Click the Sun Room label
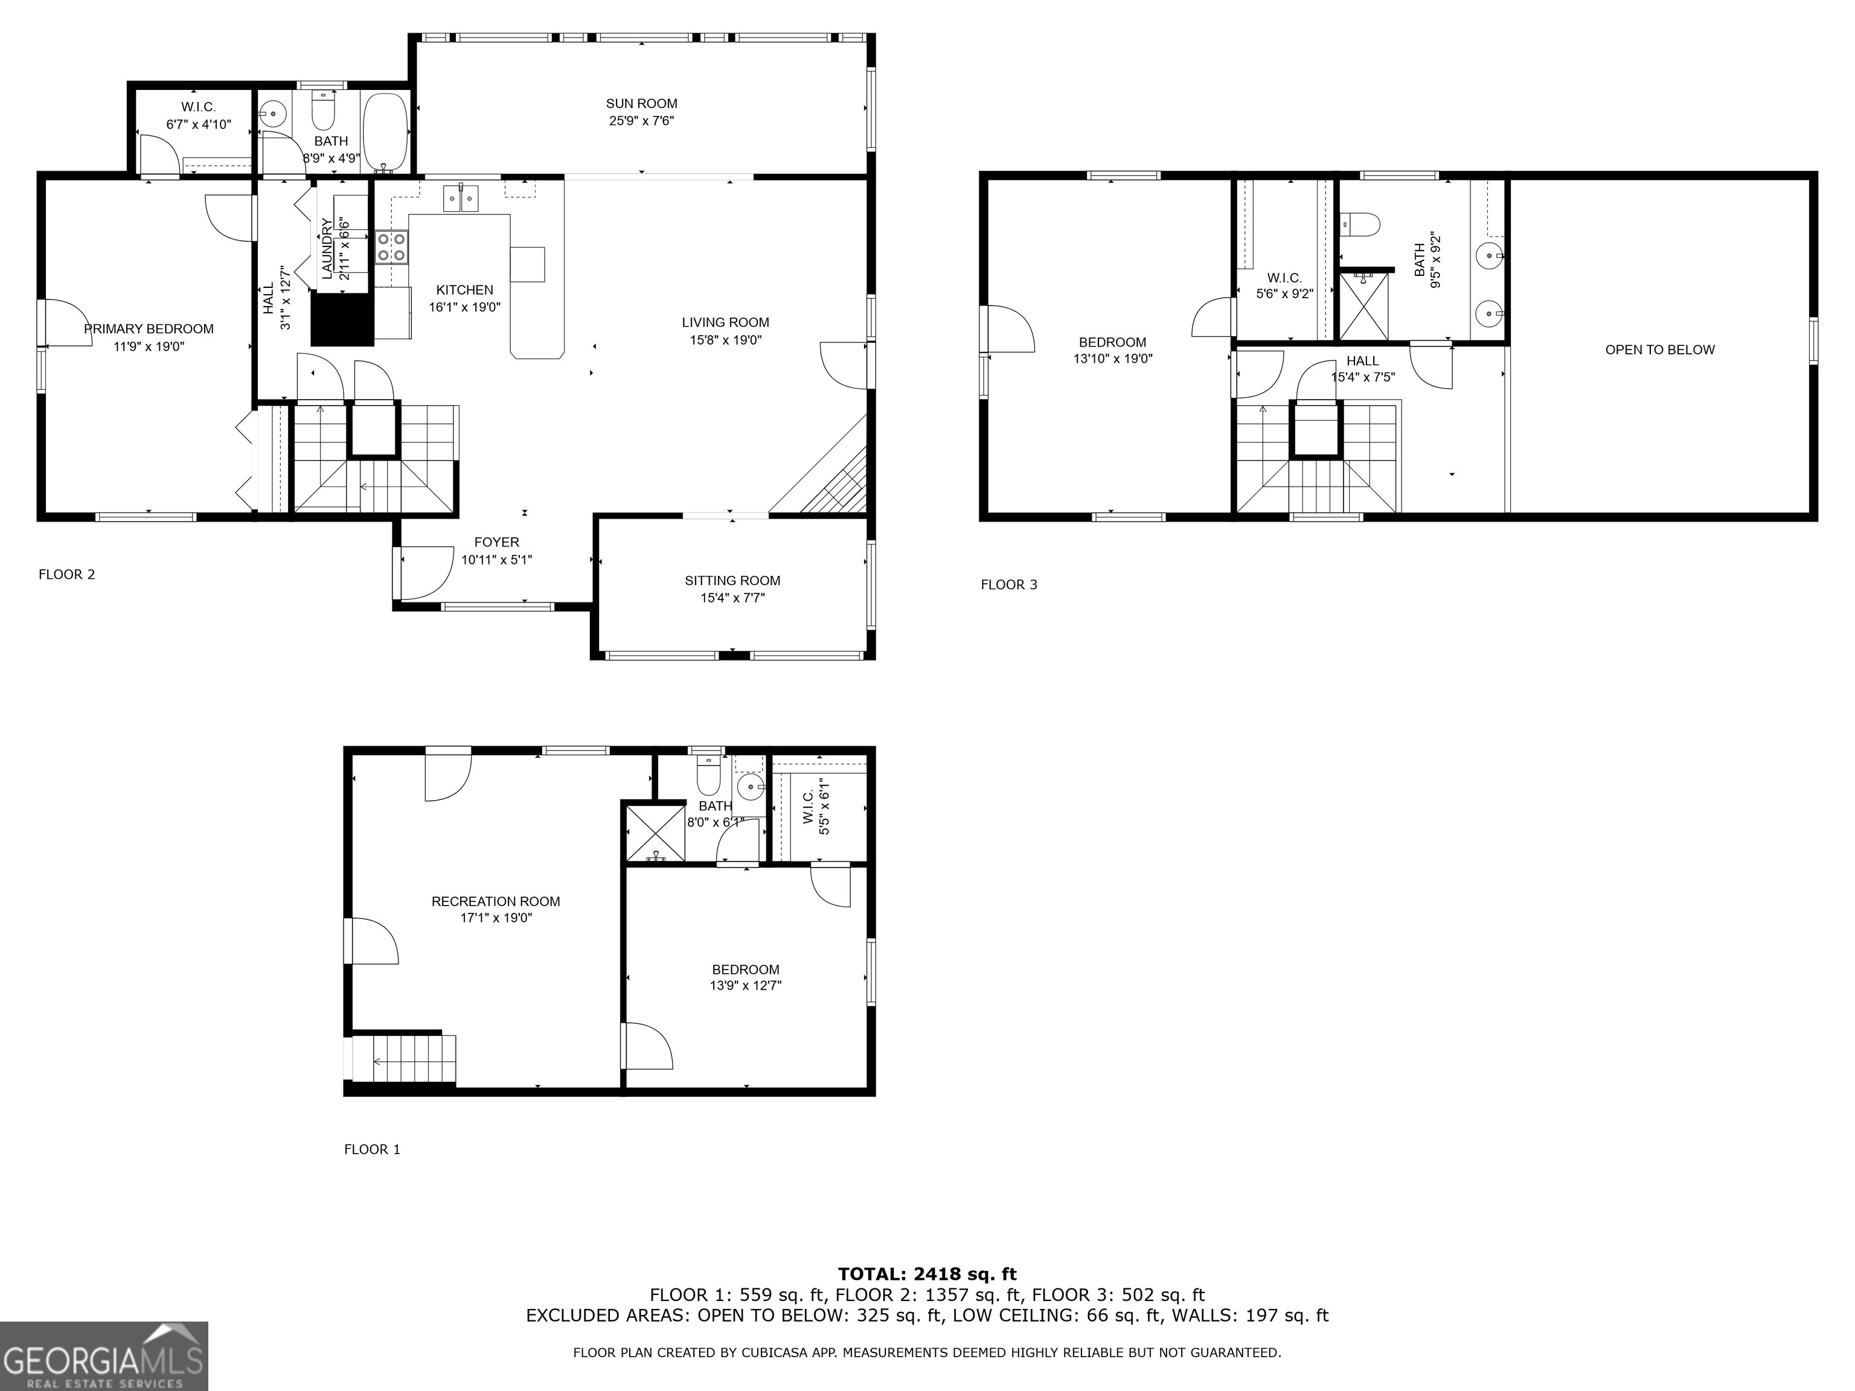pos(641,104)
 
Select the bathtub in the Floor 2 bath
pos(386,132)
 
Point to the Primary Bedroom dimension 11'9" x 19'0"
pos(149,347)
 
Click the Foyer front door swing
pos(426,573)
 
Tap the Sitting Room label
pos(732,580)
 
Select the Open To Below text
pos(1659,350)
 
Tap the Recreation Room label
pos(496,901)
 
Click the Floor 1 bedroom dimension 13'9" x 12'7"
pos(746,986)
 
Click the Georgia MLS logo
pos(103,1356)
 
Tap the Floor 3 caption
pos(1009,584)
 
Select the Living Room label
pos(725,322)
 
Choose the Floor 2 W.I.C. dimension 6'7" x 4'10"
pos(198,124)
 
